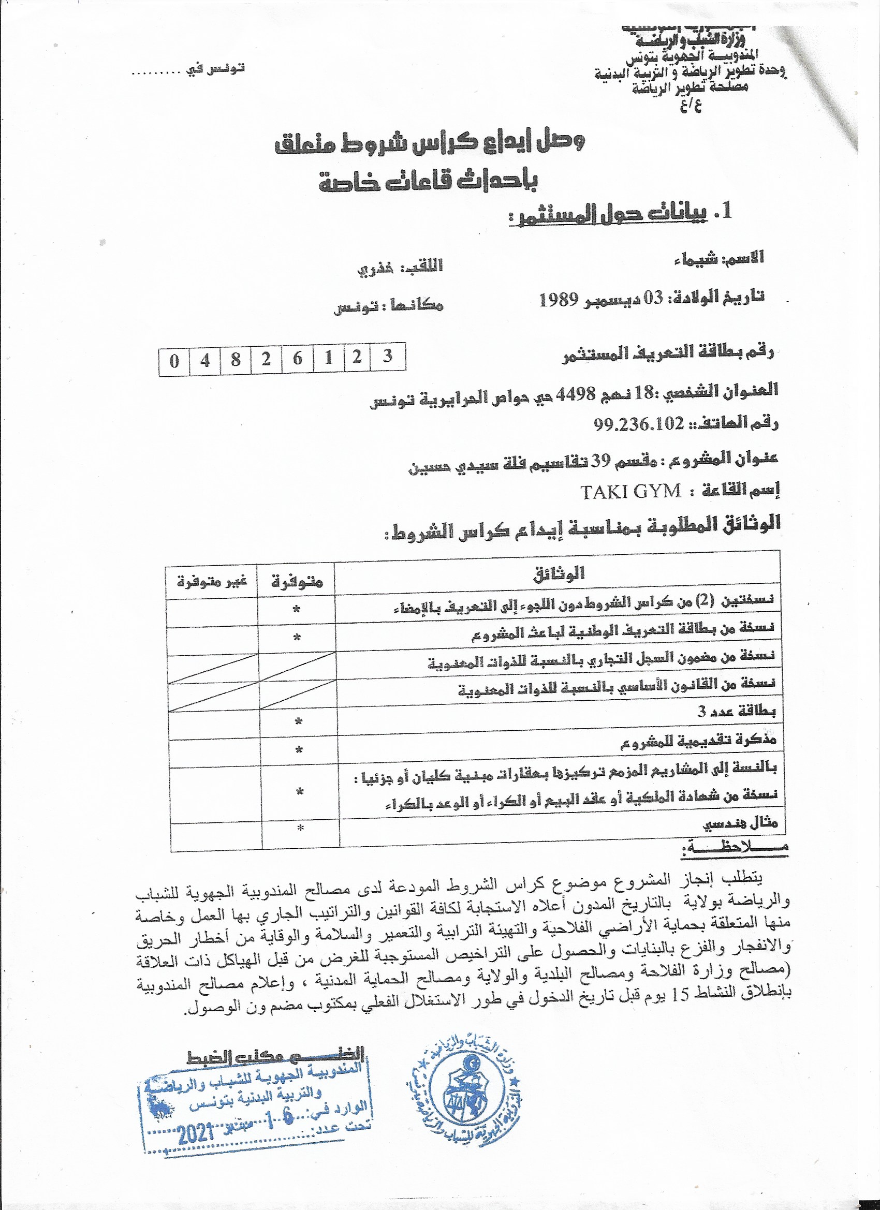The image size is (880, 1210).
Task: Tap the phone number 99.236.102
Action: [638, 424]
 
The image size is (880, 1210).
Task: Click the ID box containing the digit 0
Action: [174, 361]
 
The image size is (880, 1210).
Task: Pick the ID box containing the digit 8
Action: [236, 360]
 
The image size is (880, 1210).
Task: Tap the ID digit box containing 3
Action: [388, 357]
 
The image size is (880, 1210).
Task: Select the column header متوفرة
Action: [297, 581]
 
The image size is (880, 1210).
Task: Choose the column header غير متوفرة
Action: [212, 581]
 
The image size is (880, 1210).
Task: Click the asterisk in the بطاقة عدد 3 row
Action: [298, 722]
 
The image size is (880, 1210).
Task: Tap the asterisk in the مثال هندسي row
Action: [300, 828]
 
